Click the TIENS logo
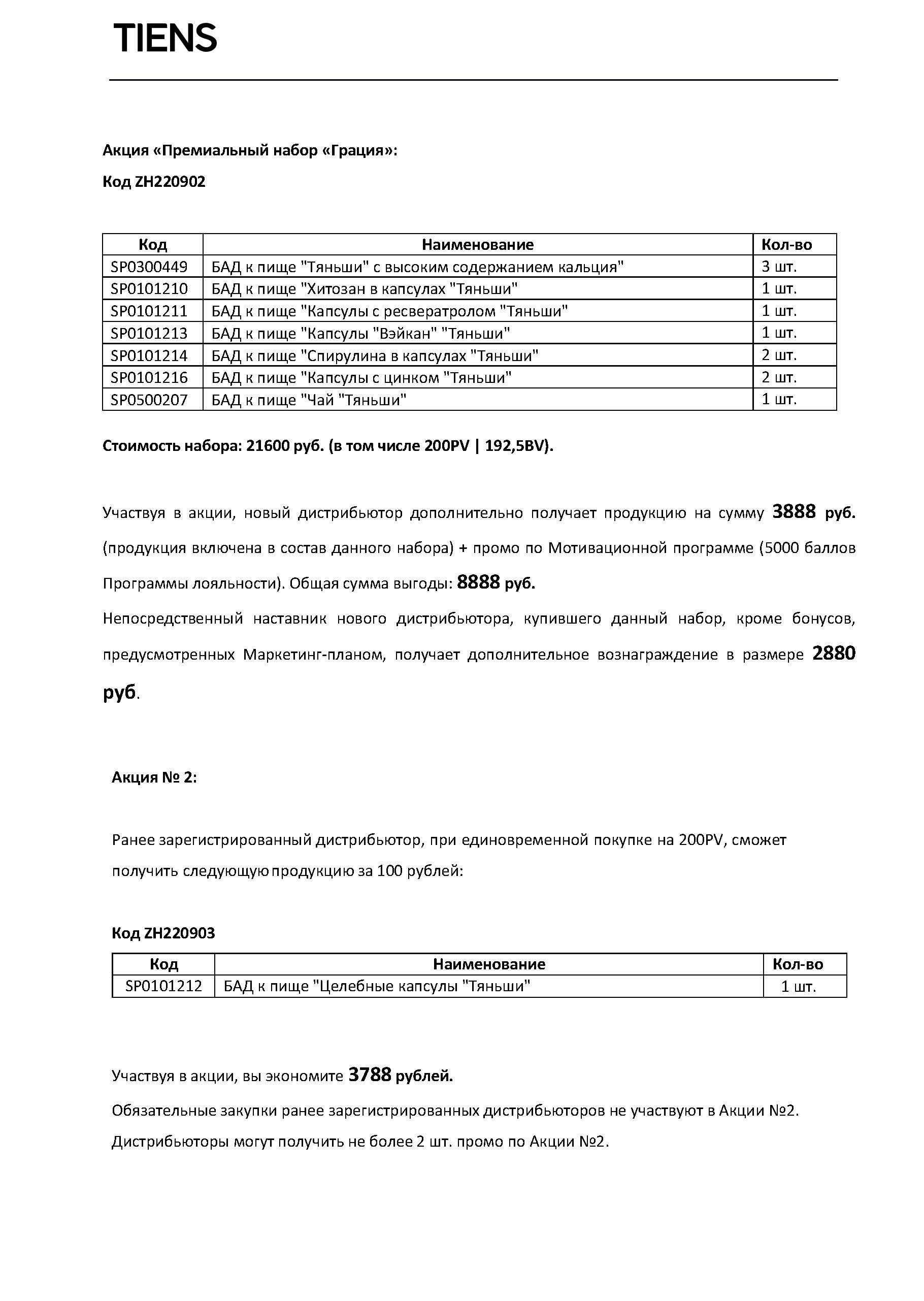(x=165, y=38)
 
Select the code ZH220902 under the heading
(x=170, y=182)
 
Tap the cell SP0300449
(x=149, y=267)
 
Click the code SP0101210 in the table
(x=149, y=288)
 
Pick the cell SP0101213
(x=149, y=333)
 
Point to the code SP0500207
(x=149, y=400)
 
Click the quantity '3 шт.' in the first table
(x=779, y=267)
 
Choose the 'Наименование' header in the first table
(x=477, y=245)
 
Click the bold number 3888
(x=794, y=512)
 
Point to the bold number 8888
(x=478, y=582)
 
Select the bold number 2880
(x=834, y=654)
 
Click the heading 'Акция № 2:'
(x=154, y=777)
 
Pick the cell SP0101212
(x=163, y=986)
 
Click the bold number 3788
(x=370, y=1075)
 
